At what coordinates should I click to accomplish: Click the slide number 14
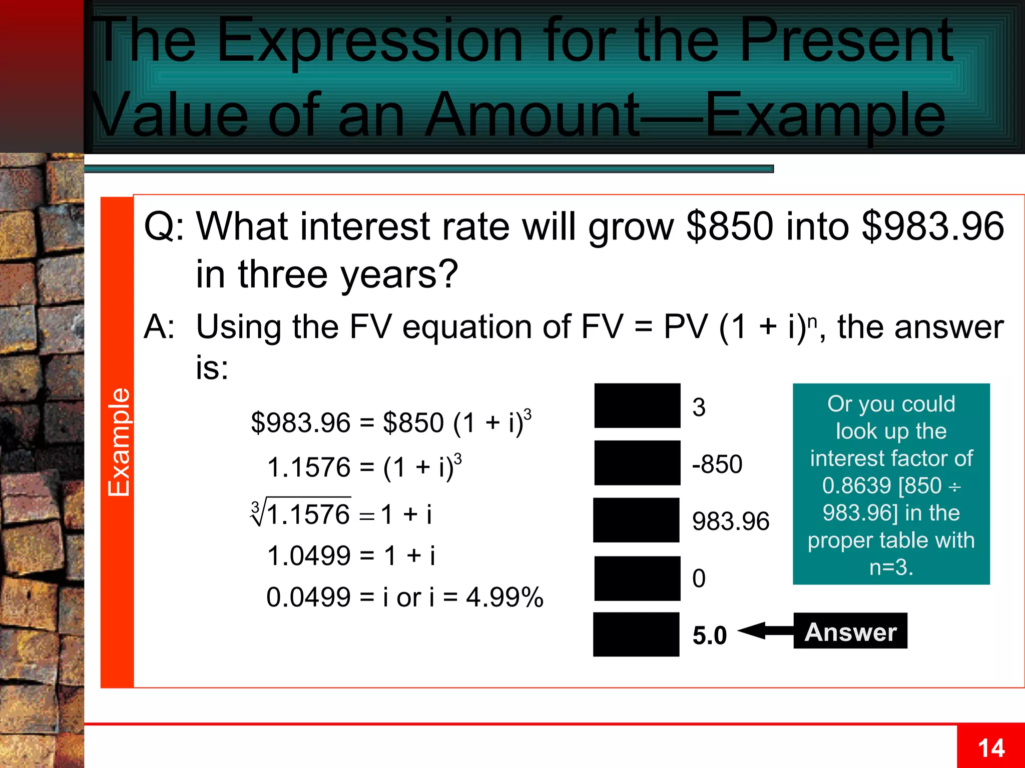coord(991,748)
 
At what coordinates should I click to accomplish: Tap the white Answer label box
coord(850,631)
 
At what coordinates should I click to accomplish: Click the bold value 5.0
coord(709,635)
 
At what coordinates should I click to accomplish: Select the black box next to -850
coord(637,463)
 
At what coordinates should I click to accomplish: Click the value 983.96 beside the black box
coord(730,521)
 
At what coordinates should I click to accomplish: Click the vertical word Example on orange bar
coord(119,442)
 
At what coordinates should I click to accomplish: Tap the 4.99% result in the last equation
coord(504,597)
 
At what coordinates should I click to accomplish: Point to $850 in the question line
coord(730,226)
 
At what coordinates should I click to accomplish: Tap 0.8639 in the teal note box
coord(856,485)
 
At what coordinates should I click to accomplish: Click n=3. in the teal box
coord(891,567)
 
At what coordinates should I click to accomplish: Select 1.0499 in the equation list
coord(309,555)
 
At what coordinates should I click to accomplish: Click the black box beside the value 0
coord(637,578)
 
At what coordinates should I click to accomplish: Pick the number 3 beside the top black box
coord(699,407)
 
